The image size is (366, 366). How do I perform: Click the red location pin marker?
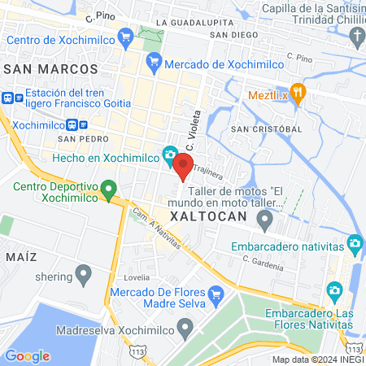183,166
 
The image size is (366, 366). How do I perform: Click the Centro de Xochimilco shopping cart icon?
125,37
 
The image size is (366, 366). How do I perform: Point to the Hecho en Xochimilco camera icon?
170,154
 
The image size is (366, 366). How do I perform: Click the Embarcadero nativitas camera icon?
355,243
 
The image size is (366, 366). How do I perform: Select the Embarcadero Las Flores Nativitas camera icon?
333,290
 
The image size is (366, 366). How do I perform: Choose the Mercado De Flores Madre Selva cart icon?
216,293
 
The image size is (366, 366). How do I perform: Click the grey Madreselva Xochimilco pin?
185,329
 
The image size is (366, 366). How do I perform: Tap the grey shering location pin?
82,274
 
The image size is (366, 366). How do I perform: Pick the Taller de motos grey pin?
264,219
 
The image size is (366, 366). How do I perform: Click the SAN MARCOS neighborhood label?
50,70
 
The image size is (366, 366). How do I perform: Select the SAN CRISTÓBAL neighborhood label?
266,129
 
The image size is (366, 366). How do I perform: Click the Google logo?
27,355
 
